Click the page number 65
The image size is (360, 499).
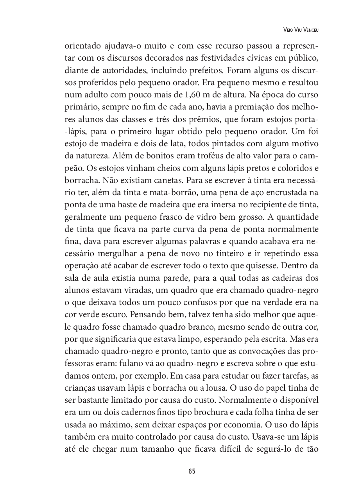(x=192, y=471)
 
